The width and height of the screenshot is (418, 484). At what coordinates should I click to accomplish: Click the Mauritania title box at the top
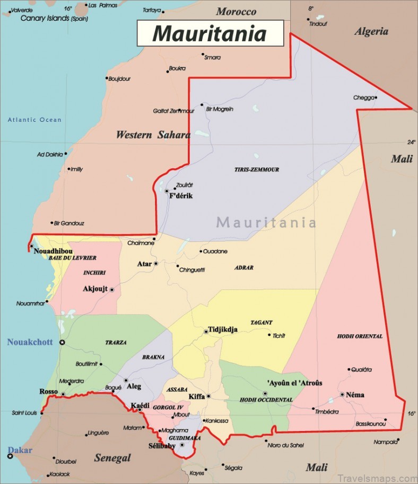pos(210,33)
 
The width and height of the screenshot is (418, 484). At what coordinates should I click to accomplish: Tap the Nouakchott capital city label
pos(30,342)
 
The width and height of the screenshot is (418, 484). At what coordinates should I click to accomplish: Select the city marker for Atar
pos(156,264)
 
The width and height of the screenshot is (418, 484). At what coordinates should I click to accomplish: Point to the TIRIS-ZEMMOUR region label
pos(257,170)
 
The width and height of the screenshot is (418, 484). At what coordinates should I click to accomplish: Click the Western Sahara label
pos(153,135)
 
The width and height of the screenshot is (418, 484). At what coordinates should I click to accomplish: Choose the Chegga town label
pos(363,97)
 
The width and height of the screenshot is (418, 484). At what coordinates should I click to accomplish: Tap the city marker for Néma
pos(342,395)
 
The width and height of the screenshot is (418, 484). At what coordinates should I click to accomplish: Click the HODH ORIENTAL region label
pos(360,336)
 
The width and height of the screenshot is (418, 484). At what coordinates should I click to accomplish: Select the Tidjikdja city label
pos(223,329)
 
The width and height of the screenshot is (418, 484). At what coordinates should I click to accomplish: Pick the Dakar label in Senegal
pos(20,450)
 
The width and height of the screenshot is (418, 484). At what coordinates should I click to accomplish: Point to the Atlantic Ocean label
pos(34,120)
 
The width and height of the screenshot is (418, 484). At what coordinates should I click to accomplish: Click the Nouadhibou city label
pos(53,251)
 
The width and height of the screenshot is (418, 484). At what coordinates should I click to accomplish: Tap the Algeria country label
pos(371,31)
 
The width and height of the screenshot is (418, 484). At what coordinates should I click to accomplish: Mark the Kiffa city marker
pos(208,396)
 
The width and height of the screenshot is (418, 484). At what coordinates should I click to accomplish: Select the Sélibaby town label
pos(162,446)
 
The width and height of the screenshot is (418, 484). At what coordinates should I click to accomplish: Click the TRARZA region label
pos(116,343)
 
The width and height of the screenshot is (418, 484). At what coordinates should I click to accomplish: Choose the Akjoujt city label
pos(95,289)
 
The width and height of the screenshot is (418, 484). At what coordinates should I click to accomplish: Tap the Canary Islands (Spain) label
pos(54,18)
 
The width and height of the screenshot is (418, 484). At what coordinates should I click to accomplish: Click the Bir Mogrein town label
pos(219,109)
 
